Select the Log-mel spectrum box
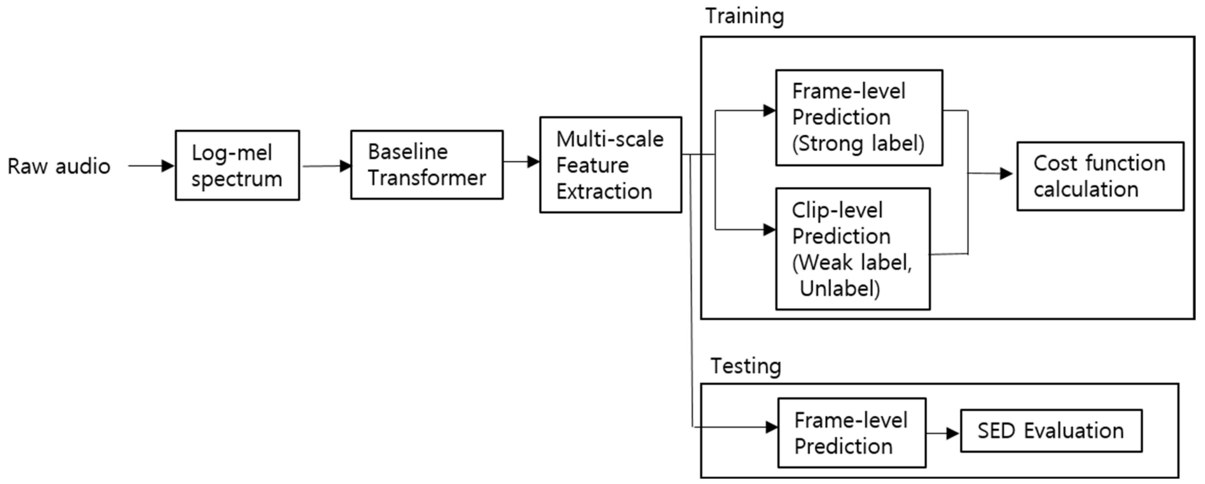[237, 166]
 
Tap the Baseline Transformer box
[427, 165]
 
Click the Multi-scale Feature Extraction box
[610, 165]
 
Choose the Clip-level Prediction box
[852, 249]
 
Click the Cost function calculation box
[1100, 176]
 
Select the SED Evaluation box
[1051, 431]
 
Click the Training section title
[744, 16]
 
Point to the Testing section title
[746, 366]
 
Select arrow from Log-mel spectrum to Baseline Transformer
[326, 166]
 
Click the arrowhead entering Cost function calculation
[1006, 174]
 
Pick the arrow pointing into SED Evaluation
[943, 433]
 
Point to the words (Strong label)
[858, 143]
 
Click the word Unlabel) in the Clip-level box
[840, 288]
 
